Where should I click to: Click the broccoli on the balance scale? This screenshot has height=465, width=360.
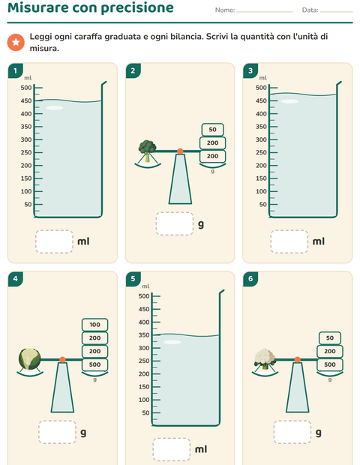pos(148,151)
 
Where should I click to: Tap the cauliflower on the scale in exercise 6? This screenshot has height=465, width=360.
pos(265,358)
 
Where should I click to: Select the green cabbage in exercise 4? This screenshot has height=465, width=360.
pos(30,359)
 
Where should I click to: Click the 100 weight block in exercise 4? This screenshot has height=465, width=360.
pos(95,325)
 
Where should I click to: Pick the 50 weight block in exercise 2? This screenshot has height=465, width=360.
pos(212,130)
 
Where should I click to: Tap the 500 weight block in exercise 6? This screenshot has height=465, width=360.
pos(330,364)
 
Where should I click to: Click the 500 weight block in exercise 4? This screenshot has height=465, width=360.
pos(95,364)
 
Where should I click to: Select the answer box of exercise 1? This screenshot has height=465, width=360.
pos(54,241)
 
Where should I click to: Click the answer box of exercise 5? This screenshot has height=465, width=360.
pos(172,449)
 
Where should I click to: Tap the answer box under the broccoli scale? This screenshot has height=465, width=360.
pos(175,224)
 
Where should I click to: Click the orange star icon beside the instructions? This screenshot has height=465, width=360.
pos(16,43)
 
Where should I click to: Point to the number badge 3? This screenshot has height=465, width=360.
pos(250,70)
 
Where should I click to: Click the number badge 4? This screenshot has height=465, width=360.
pos(16,279)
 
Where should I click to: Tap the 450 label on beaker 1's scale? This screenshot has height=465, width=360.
pos(26,100)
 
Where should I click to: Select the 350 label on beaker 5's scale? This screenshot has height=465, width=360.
pos(144,335)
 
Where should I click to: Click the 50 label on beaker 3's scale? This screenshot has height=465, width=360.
pos(263,204)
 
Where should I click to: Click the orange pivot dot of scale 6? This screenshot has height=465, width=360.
pos(298,360)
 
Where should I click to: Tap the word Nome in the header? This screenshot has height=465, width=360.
pos(225,10)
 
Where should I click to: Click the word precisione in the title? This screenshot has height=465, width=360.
pos(137,7)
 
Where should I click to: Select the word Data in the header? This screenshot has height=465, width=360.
pos(310,10)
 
